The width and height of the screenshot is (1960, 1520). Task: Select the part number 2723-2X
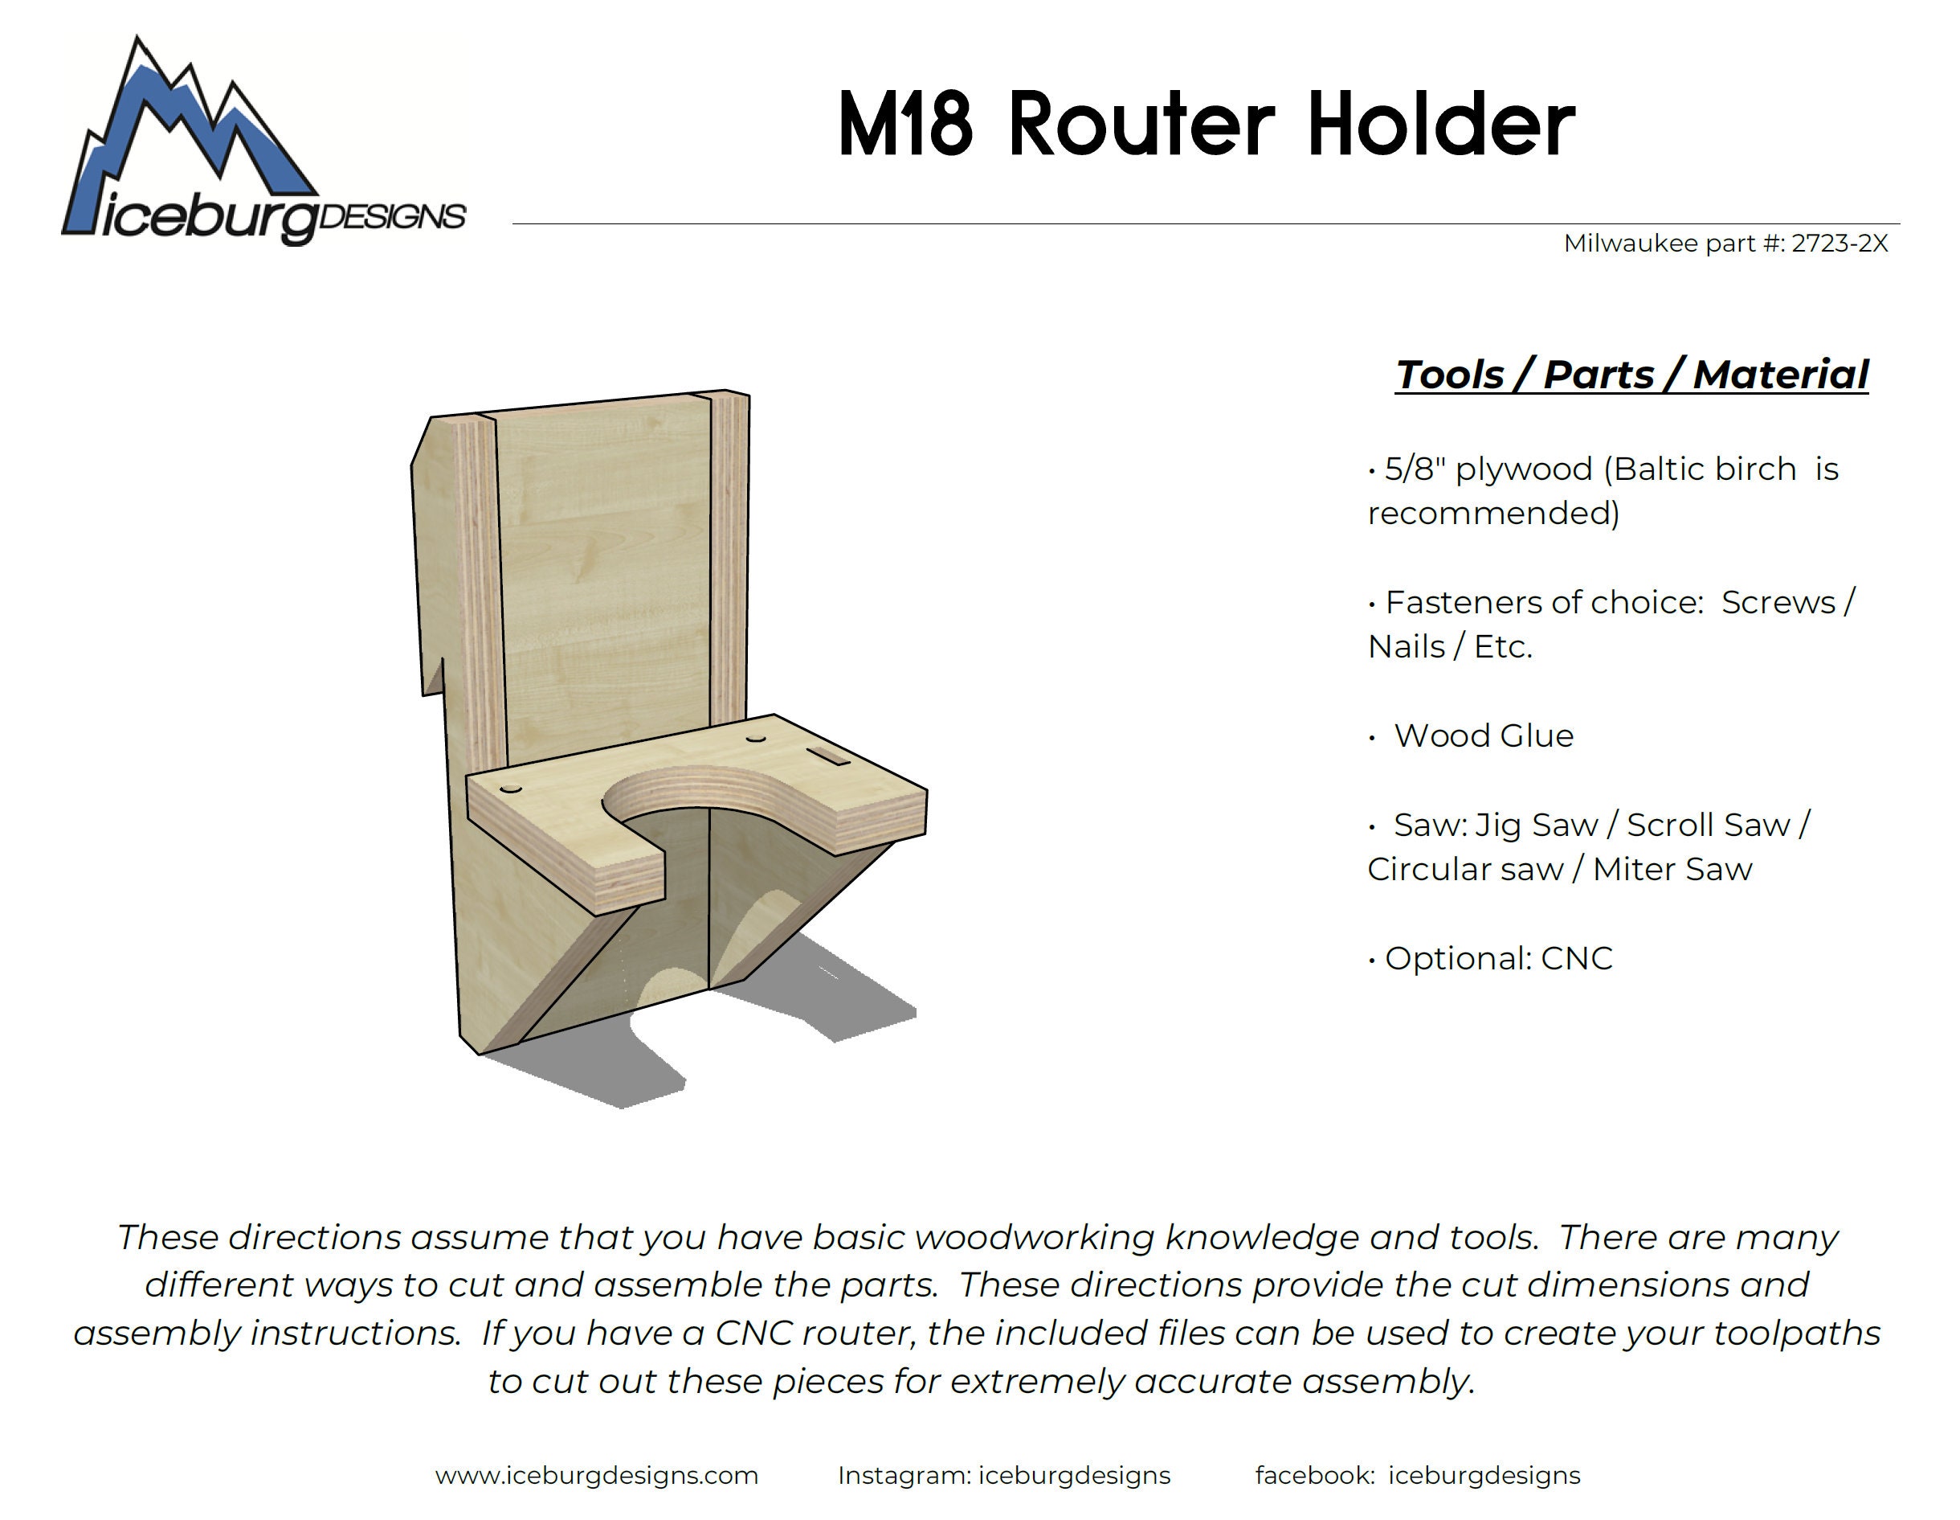coord(1839,244)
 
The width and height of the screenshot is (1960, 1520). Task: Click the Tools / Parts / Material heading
coord(1631,375)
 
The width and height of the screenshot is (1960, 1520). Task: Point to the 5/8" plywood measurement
coord(1415,469)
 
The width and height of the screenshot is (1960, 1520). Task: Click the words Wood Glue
coord(1484,735)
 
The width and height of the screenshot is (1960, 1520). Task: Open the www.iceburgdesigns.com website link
coord(597,1475)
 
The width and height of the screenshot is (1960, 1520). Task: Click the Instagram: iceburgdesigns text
coord(1003,1475)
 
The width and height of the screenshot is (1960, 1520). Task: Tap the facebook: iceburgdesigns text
coord(1417,1475)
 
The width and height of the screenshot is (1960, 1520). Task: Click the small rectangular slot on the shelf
coord(828,757)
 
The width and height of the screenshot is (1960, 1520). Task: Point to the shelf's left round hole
coord(511,789)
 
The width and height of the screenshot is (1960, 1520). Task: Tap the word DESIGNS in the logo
coord(392,216)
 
